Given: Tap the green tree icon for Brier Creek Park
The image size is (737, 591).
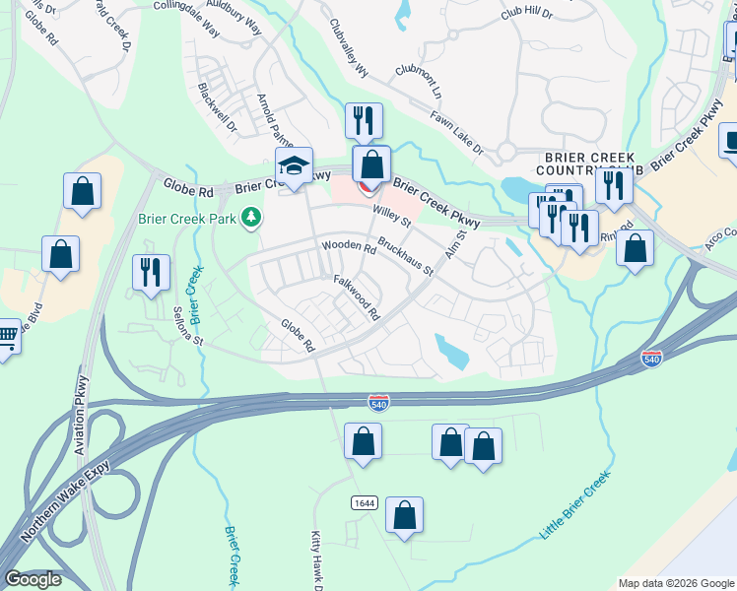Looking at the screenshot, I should [252, 216].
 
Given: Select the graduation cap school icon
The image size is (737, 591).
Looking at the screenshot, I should [295, 166].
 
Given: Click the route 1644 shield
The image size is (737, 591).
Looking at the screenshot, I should [364, 503].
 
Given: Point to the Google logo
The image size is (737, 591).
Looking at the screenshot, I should [33, 579].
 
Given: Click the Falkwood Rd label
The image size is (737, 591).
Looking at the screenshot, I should [356, 297].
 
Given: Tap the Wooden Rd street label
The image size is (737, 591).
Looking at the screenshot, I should [349, 247].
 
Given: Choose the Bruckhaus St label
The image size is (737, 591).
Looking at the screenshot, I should [405, 254].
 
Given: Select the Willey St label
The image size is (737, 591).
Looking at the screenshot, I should [391, 215].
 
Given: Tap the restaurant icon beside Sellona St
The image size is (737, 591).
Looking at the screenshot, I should [151, 272].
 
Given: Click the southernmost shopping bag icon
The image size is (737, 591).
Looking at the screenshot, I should [404, 515].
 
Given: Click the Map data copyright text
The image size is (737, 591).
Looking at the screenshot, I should [676, 583].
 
